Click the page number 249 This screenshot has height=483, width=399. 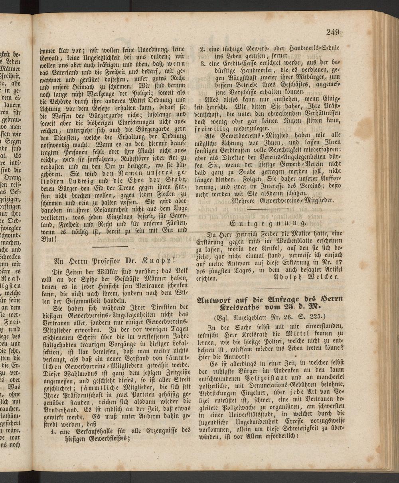[x=332, y=32]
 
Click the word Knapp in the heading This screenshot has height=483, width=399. [x=154, y=261]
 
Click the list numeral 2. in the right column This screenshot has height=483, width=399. [x=203, y=49]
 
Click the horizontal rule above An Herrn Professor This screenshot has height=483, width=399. [x=105, y=246]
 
